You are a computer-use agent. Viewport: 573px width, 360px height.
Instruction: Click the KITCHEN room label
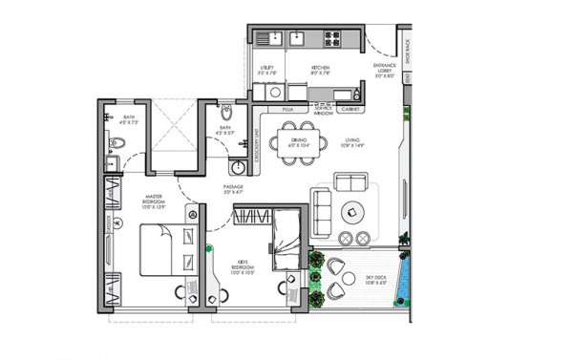pyautogui.click(x=320, y=69)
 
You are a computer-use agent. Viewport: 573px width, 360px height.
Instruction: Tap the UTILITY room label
pyautogui.click(x=268, y=69)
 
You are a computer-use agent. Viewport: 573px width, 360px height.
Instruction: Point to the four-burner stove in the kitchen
pyautogui.click(x=333, y=40)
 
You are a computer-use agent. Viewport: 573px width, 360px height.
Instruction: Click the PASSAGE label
pyautogui.click(x=234, y=188)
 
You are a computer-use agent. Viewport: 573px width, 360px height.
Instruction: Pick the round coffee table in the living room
pyautogui.click(x=354, y=212)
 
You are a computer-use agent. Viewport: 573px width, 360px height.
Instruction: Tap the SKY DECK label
pyautogui.click(x=376, y=279)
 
